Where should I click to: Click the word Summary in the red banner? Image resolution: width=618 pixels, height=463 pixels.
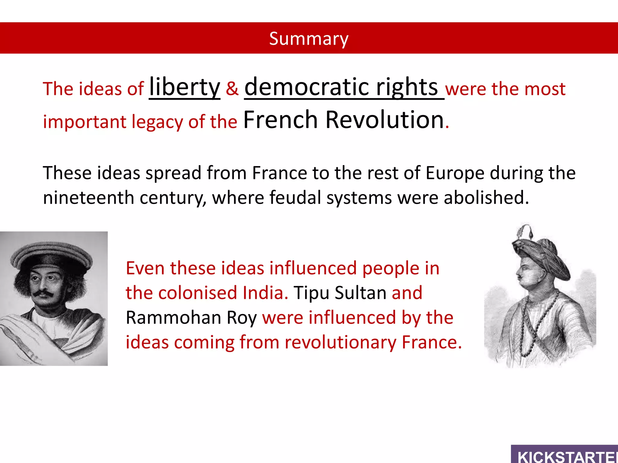[309, 39]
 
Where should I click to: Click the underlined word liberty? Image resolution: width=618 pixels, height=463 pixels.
[185, 87]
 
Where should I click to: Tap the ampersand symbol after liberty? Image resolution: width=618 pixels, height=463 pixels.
[232, 89]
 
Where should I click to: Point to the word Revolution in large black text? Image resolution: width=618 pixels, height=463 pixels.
[385, 120]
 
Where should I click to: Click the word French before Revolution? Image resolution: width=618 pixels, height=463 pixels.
[280, 120]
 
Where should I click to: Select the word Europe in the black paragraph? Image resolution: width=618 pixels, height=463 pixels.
[455, 173]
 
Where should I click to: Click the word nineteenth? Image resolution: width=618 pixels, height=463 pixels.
[88, 198]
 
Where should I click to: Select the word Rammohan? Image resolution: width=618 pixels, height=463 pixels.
[174, 318]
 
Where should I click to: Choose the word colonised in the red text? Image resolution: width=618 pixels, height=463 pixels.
[198, 293]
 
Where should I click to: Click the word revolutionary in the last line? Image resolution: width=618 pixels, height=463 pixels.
[340, 342]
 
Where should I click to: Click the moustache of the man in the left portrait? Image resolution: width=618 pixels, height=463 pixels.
[43, 293]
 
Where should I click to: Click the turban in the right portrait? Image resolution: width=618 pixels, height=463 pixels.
[540, 253]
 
